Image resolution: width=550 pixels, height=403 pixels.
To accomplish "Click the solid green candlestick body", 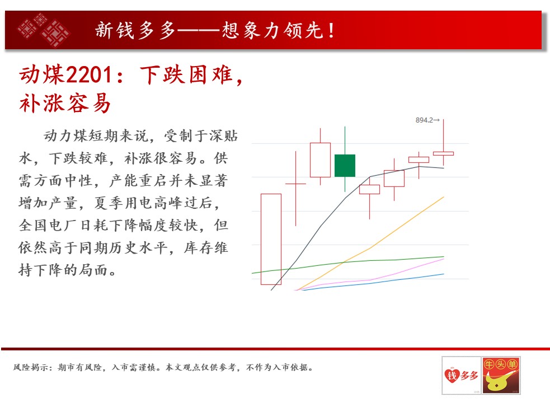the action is pos(345,165).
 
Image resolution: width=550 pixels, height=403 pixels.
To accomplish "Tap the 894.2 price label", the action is pos(424,120).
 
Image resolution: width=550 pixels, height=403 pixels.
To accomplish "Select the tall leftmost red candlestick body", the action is pos(271,239).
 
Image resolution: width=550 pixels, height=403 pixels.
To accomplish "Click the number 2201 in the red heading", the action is pos(89,75).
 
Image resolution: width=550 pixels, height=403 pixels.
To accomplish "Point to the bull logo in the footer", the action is pos(501,375).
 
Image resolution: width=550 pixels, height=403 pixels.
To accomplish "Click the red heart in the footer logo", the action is pos(452,375).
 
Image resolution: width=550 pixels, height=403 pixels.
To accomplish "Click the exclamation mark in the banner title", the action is pos(331,30).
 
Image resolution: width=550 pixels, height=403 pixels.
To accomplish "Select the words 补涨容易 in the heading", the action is pos(65,103).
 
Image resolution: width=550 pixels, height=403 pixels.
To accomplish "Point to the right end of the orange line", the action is pos(444,197).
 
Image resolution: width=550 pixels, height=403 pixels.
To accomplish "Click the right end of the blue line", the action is pos(444,274).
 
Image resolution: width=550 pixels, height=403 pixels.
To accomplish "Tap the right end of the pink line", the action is pos(444,259).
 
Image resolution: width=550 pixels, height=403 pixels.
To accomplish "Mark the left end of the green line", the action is pos(252,273).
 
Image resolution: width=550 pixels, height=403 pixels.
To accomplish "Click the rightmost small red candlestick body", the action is pos(443,153).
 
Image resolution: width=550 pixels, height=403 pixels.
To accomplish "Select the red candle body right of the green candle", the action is pos(369,189).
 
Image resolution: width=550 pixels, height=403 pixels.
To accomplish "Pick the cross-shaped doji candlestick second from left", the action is pos(295,184).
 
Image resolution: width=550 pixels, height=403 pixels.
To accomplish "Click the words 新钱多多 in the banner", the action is pos(135,30).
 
